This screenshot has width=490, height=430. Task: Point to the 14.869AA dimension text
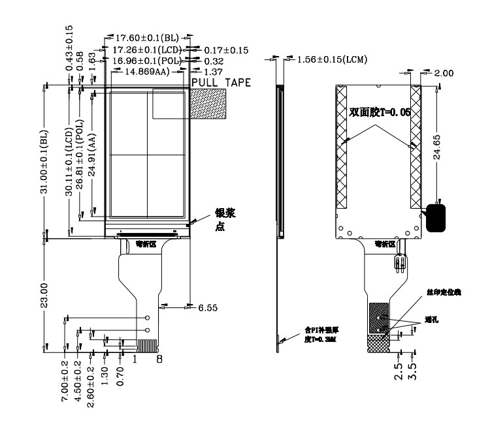click(142, 72)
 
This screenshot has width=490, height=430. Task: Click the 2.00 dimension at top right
click(443, 73)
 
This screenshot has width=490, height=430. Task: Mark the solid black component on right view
click(436, 218)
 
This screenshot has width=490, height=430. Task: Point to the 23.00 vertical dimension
click(44, 295)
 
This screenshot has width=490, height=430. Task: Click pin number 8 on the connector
click(159, 358)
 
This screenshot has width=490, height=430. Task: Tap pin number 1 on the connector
click(135, 358)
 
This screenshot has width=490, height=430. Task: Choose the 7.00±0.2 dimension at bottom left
click(65, 390)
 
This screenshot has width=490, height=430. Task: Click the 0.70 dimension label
click(121, 378)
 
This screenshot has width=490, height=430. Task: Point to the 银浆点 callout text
click(221, 221)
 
